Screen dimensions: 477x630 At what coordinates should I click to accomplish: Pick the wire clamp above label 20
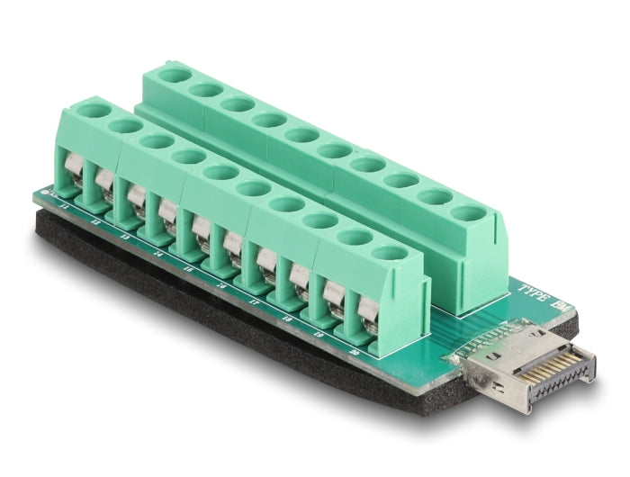pos(366,310)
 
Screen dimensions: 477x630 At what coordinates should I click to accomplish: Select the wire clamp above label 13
pos(136,200)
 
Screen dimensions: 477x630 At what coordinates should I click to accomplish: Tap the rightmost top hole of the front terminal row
pos(388,254)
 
